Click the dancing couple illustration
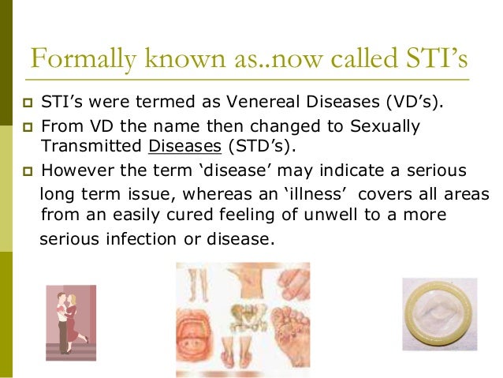(70, 320)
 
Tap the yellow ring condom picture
(439, 314)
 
